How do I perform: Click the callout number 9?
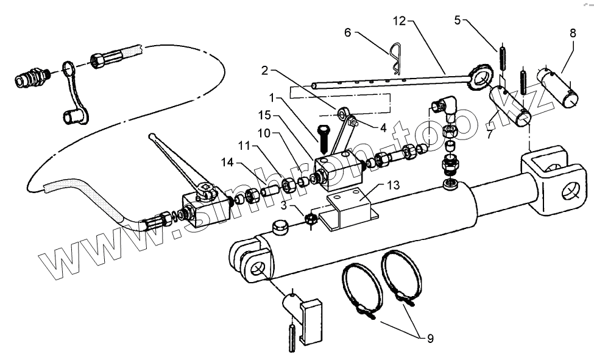pos(430,337)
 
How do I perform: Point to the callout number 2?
pos(264,71)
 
